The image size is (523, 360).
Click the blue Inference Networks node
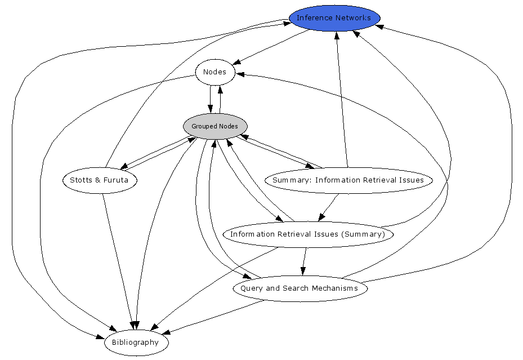click(x=334, y=18)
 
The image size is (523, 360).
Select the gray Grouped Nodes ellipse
click(x=215, y=126)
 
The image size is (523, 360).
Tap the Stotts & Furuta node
click(x=99, y=180)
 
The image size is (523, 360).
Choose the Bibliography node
click(x=136, y=343)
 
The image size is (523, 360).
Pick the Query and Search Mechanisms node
click(x=300, y=288)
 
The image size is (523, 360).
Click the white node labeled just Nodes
click(x=214, y=72)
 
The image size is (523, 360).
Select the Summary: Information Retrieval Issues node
click(x=348, y=180)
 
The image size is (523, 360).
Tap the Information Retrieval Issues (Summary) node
click(x=307, y=234)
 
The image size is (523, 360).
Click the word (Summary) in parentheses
click(x=365, y=234)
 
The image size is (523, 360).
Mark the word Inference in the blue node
click(x=313, y=18)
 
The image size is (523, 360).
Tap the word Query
click(x=251, y=288)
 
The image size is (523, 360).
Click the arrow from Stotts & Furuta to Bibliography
click(x=118, y=259)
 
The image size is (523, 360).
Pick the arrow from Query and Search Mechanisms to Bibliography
click(x=214, y=316)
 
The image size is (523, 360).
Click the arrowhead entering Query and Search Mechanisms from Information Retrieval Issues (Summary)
click(x=303, y=271)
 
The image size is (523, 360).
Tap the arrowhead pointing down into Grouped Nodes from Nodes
click(x=211, y=109)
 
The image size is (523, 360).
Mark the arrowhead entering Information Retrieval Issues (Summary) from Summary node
click(x=321, y=217)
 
